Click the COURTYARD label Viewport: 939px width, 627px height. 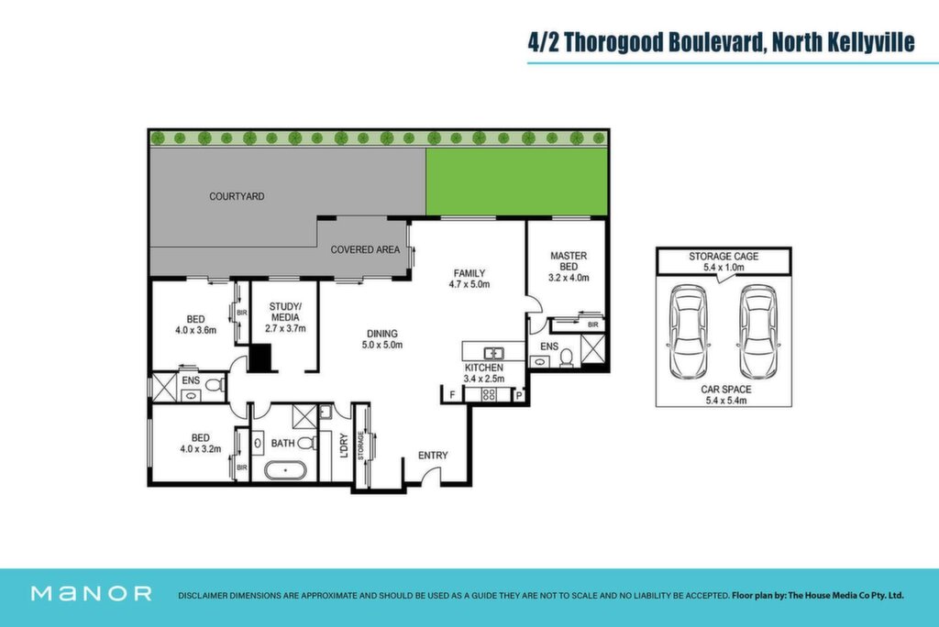coord(237,196)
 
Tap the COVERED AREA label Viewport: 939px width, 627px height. coord(365,249)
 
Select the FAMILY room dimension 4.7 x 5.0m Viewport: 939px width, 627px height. coord(469,284)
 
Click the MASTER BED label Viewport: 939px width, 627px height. coord(569,261)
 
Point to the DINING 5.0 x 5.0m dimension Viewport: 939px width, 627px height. coord(382,345)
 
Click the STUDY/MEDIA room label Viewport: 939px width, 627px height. coord(285,312)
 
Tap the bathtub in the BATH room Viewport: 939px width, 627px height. coord(285,470)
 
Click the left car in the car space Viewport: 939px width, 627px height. coord(689,332)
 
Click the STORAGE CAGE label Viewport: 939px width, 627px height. coord(724,257)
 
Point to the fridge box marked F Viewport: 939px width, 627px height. coord(452,395)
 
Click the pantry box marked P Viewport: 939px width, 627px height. coord(519,395)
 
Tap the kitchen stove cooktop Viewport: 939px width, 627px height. coord(489,395)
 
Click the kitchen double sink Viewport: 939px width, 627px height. coord(494,353)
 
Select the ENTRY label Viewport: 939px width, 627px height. coord(433,456)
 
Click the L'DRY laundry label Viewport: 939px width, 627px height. coord(344,445)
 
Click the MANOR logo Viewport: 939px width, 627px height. coord(91,593)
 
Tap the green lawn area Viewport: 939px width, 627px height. coord(517,181)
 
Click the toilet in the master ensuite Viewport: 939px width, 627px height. coord(567,358)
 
